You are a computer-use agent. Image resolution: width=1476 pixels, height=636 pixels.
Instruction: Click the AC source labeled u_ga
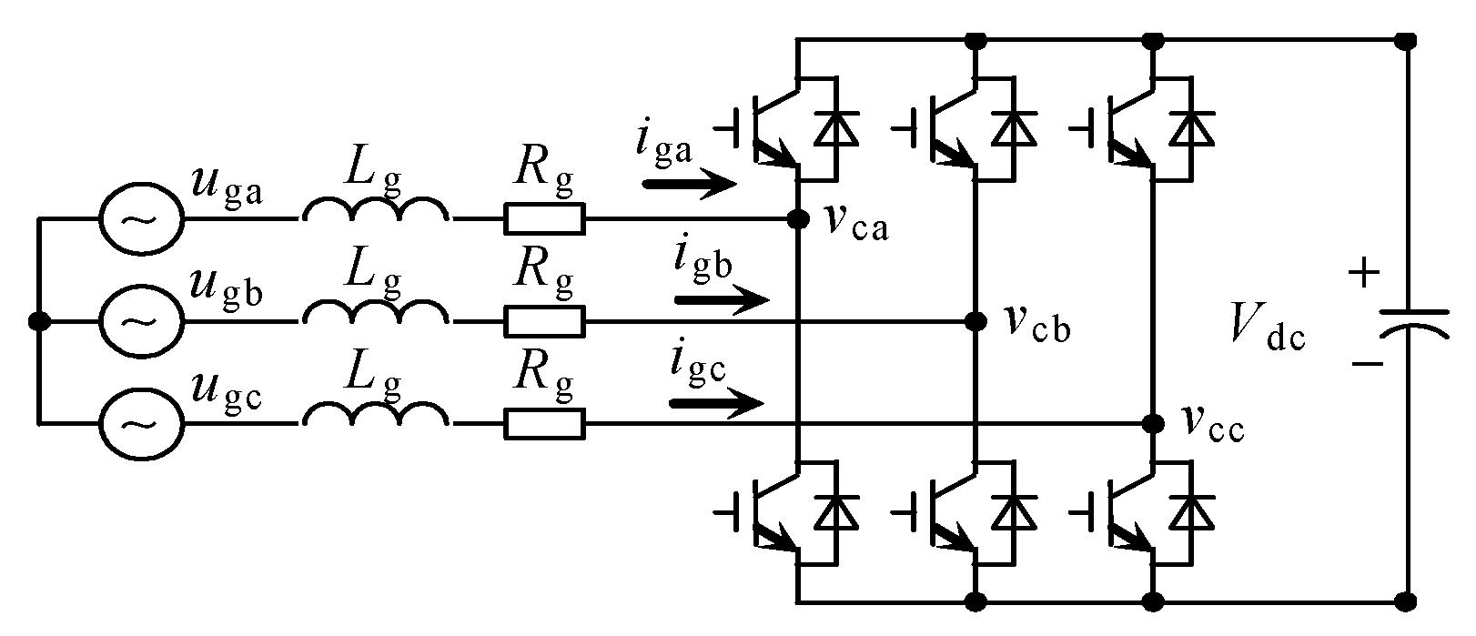[x=140, y=219]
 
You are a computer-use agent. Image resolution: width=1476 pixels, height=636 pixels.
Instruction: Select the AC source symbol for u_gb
[x=140, y=321]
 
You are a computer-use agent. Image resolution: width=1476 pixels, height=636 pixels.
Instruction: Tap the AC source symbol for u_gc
[x=140, y=423]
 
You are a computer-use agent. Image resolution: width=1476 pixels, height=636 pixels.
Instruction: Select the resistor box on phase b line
[x=544, y=321]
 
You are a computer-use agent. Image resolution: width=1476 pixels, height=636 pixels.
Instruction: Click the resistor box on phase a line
[x=544, y=219]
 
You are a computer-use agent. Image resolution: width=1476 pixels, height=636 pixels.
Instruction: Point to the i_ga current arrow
[x=690, y=186]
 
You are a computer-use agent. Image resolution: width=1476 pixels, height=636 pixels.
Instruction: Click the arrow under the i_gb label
[x=723, y=298]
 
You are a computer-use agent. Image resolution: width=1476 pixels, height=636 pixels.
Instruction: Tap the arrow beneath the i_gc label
[x=715, y=401]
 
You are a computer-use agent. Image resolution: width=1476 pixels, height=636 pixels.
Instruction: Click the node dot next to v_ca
[x=798, y=219]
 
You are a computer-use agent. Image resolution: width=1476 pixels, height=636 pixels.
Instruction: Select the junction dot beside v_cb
[x=976, y=321]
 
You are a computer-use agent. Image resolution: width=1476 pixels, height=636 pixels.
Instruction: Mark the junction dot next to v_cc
[x=1153, y=423]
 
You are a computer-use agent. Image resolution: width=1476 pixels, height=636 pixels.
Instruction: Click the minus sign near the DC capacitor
[x=1364, y=364]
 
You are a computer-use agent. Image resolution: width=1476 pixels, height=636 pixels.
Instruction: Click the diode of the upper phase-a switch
[x=836, y=126]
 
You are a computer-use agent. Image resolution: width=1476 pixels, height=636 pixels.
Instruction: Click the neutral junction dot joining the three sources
[x=38, y=321]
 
